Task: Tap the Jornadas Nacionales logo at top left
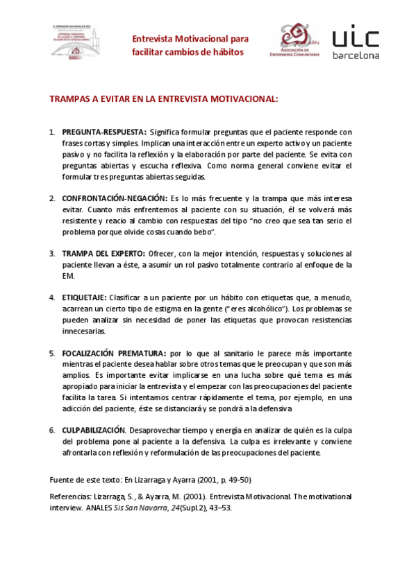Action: pyautogui.click(x=74, y=43)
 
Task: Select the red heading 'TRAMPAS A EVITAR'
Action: pyautogui.click(x=163, y=99)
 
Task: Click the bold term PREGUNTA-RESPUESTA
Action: pyautogui.click(x=103, y=132)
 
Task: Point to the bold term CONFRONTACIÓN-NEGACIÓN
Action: pyautogui.click(x=115, y=198)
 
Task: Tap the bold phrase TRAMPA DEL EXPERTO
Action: pyautogui.click(x=103, y=253)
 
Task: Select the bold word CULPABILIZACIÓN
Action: pyautogui.click(x=94, y=430)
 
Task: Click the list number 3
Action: pyautogui.click(x=52, y=253)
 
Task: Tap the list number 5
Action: pyautogui.click(x=52, y=353)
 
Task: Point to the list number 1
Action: pyautogui.click(x=52, y=132)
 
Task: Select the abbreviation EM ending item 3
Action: pyautogui.click(x=68, y=275)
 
